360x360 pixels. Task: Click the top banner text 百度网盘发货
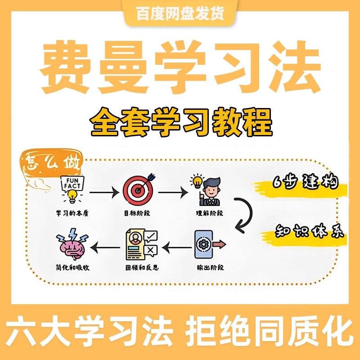[x=180, y=13]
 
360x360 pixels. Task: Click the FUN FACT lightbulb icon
[x=72, y=189]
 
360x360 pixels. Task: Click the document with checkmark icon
[x=141, y=245]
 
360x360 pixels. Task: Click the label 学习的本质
[x=72, y=214]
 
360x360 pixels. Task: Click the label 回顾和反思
[x=142, y=268]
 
